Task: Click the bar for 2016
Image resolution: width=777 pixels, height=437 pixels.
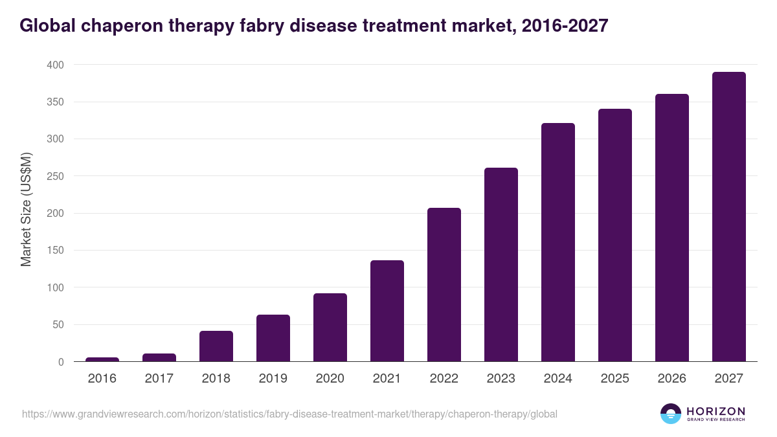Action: (x=102, y=359)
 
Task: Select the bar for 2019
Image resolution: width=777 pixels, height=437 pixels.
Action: (x=273, y=338)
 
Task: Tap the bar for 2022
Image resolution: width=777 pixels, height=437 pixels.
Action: (x=444, y=285)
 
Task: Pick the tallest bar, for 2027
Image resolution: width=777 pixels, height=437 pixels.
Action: (x=729, y=217)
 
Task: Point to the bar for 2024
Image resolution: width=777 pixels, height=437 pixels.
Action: (x=558, y=242)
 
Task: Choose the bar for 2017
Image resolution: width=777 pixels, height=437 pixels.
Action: (x=159, y=357)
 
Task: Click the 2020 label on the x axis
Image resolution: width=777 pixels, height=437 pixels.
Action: (x=330, y=378)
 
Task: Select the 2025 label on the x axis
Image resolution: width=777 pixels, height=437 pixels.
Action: (x=615, y=378)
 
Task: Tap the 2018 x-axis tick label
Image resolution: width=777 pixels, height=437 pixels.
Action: (x=216, y=378)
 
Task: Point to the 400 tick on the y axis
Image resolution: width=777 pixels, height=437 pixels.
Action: (x=55, y=65)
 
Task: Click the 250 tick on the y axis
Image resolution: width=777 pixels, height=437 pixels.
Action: (x=55, y=176)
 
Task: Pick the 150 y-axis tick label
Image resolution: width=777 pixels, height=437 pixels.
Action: (x=55, y=251)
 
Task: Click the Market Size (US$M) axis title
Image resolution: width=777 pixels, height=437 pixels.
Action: (x=26, y=210)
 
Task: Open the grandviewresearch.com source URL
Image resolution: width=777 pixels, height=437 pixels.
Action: (x=289, y=414)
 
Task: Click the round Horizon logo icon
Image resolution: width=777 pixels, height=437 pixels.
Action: (x=670, y=414)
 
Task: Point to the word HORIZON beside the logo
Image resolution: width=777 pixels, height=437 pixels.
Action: (x=715, y=410)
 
